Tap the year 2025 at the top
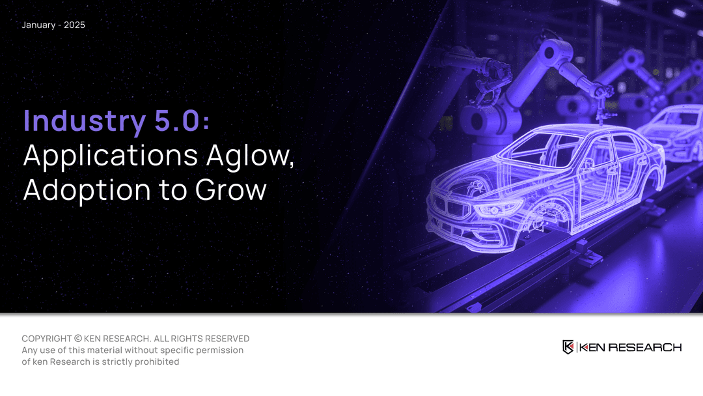click(x=74, y=25)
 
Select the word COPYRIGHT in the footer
click(x=47, y=339)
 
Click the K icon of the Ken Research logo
click(x=568, y=347)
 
